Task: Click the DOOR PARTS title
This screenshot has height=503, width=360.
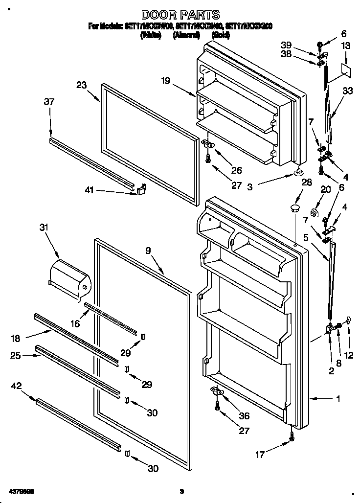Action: [x=180, y=15]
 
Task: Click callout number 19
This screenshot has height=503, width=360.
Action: [x=165, y=81]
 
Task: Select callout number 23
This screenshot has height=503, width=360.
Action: [x=81, y=85]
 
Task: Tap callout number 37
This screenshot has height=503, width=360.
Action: [x=49, y=102]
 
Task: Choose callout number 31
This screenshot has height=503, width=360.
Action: [x=45, y=228]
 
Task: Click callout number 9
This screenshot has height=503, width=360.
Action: [x=148, y=250]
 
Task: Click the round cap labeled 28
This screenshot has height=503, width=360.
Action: [x=294, y=209]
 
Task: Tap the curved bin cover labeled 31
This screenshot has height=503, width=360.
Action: [x=70, y=278]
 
